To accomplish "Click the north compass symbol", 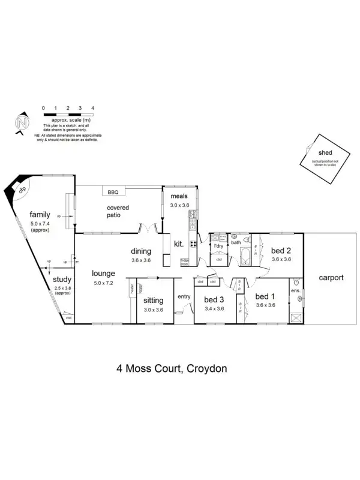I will point(23,123).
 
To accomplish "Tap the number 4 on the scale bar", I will point(93,108).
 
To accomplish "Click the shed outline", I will point(325,159).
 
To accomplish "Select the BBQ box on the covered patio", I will point(113,192).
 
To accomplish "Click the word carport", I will point(331,278).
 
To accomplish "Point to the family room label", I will point(40,214).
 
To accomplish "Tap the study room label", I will point(62,280).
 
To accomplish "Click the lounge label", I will point(104,275).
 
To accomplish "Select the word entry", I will point(183,296).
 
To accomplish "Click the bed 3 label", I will point(214,300).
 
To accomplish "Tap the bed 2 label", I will point(281,251).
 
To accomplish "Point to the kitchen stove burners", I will point(194,244).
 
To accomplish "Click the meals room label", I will point(179,196).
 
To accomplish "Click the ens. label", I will point(295,291).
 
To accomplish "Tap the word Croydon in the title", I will point(206,368).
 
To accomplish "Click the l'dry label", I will point(219,246).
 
